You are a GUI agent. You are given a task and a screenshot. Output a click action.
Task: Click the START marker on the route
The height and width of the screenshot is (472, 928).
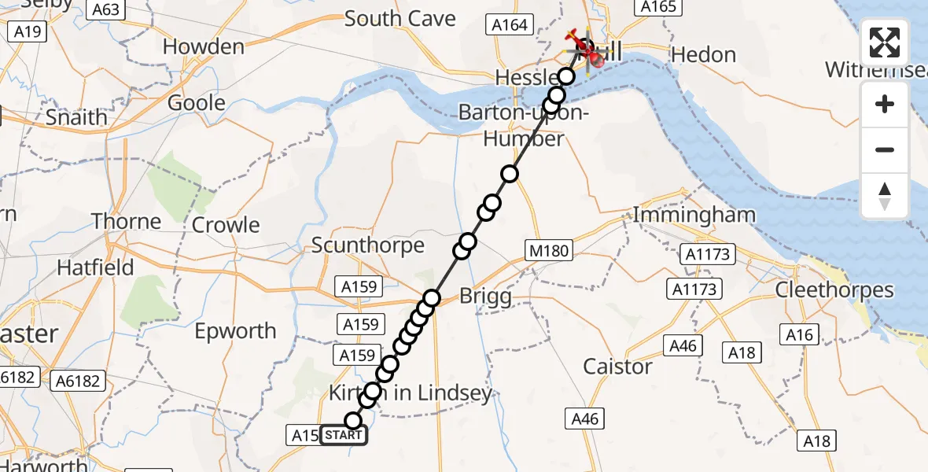[344, 435]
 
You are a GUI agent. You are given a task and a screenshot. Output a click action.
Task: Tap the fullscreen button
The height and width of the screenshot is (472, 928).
[885, 42]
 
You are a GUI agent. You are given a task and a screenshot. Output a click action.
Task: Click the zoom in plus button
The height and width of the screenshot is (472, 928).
[885, 104]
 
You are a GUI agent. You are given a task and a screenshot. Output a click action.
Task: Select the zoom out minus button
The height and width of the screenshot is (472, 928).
[885, 149]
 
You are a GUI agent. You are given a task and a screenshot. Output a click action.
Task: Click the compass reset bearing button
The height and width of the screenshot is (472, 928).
[885, 196]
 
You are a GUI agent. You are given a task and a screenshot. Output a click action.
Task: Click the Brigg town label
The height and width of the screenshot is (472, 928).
[485, 297]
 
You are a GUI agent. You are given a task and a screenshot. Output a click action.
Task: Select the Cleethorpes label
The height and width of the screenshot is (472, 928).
[834, 290]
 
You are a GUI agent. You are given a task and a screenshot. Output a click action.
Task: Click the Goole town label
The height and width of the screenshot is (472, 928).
[197, 104]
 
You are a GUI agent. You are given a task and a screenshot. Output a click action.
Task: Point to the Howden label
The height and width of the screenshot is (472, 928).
[204, 47]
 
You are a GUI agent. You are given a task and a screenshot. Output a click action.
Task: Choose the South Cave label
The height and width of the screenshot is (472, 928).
[400, 19]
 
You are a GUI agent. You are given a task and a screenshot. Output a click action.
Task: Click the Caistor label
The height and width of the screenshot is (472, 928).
[617, 367]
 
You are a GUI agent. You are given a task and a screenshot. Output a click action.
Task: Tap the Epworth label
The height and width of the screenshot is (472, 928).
[236, 331]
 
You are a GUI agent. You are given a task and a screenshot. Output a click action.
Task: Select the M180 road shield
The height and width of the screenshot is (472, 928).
[549, 251]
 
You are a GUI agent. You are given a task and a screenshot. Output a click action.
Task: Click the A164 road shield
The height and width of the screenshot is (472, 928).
[510, 25]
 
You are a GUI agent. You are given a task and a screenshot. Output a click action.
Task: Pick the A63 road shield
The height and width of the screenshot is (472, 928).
[105, 9]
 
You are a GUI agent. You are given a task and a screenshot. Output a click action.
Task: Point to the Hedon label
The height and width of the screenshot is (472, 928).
[704, 55]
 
